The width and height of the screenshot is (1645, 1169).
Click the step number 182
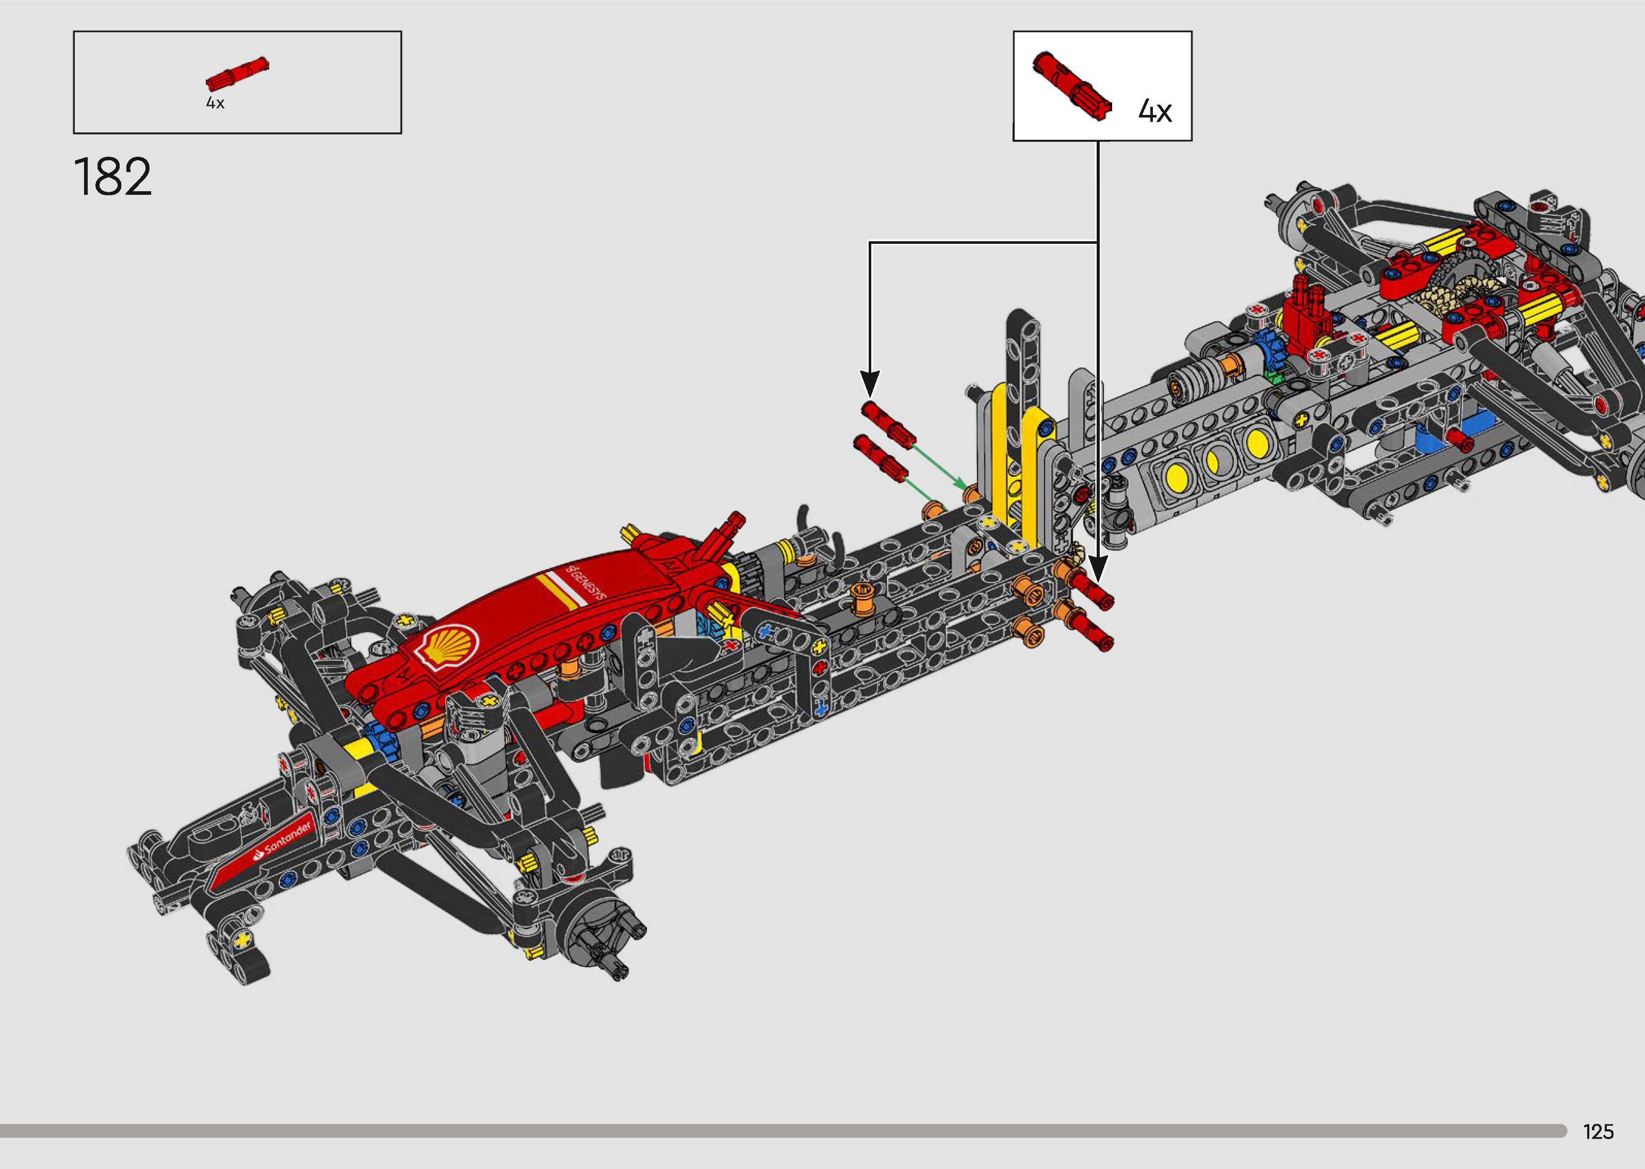tap(112, 176)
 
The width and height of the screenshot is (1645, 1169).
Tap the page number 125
tap(1598, 1131)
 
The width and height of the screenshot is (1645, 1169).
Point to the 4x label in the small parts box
tap(215, 103)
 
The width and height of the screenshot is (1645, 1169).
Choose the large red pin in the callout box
tap(1072, 86)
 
